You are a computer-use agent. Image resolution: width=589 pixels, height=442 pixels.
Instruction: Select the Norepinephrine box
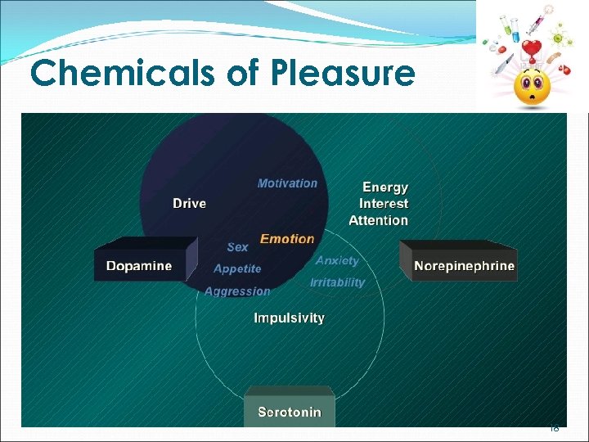click(x=464, y=266)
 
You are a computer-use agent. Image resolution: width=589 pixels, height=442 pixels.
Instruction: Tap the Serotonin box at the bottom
click(x=290, y=411)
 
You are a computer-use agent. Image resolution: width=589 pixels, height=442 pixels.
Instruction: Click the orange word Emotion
click(x=287, y=239)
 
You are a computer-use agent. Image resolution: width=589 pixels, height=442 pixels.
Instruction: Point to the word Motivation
click(x=287, y=183)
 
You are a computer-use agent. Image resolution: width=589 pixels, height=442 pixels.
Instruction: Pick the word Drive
click(x=189, y=203)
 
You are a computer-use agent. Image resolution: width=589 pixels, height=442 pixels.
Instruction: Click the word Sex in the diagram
click(x=237, y=246)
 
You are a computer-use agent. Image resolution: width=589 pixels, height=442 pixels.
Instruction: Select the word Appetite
click(x=237, y=268)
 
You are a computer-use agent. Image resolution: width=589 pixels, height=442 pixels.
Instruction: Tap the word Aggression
click(x=237, y=291)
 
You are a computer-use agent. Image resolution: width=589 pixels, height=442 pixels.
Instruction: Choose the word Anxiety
click(x=337, y=260)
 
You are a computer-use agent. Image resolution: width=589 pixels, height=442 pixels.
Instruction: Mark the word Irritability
click(x=337, y=282)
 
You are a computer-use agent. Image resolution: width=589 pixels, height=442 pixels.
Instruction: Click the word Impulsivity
click(x=289, y=318)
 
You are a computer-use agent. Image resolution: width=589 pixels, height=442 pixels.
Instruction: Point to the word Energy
click(x=385, y=187)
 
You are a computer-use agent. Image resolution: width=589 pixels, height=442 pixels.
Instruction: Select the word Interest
click(x=384, y=204)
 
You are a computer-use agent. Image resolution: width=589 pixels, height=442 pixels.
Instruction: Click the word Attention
click(x=378, y=220)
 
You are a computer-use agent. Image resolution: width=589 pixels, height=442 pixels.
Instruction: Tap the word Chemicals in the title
click(x=124, y=74)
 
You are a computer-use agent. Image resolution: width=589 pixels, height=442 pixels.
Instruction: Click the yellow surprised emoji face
click(x=531, y=85)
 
